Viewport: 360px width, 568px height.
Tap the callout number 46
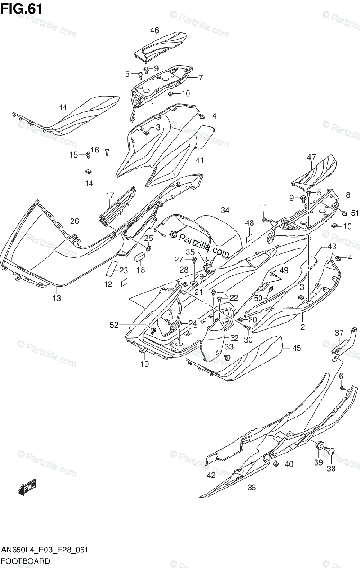click(154, 31)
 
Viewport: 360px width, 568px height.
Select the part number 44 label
click(63, 107)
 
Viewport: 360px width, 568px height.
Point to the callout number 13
click(56, 298)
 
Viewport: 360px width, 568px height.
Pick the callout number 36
click(252, 488)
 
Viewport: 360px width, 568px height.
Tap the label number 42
click(211, 475)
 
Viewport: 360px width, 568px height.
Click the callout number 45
click(296, 348)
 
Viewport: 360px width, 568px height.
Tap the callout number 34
click(225, 210)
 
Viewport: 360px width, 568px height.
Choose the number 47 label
click(311, 157)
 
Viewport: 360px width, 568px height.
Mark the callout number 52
click(114, 324)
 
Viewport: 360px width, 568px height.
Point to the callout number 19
click(144, 364)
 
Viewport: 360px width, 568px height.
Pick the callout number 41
click(199, 160)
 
